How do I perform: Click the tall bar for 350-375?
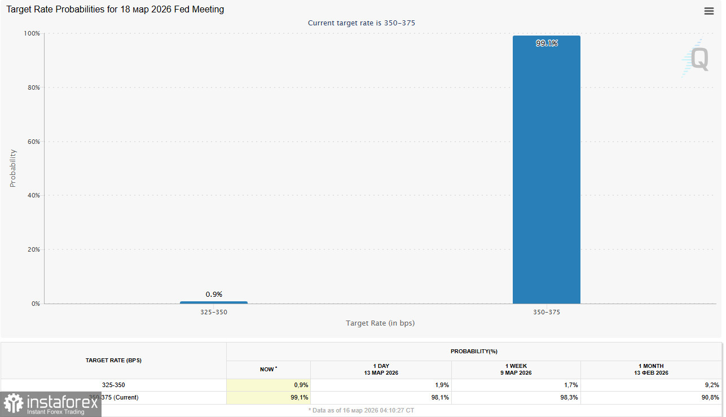pos(546,169)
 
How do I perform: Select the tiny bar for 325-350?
pos(214,302)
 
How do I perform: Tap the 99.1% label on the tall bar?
pos(547,43)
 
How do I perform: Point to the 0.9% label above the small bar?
pos(214,294)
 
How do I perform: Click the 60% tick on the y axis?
pos(33,142)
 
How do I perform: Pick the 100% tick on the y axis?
pos(32,33)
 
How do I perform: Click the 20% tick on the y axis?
pos(33,249)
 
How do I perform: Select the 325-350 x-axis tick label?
pos(214,312)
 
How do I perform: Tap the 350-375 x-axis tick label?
pos(546,312)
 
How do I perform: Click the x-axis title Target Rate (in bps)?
pos(380,323)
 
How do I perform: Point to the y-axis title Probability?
pos(13,168)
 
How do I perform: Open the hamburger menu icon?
pos(709,11)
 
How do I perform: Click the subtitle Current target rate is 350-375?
pos(362,23)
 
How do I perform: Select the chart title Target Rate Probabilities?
pos(115,10)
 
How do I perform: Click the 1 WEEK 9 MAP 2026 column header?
pos(516,370)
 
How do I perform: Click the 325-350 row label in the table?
pos(113,385)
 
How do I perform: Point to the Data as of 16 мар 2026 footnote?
pos(361,410)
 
